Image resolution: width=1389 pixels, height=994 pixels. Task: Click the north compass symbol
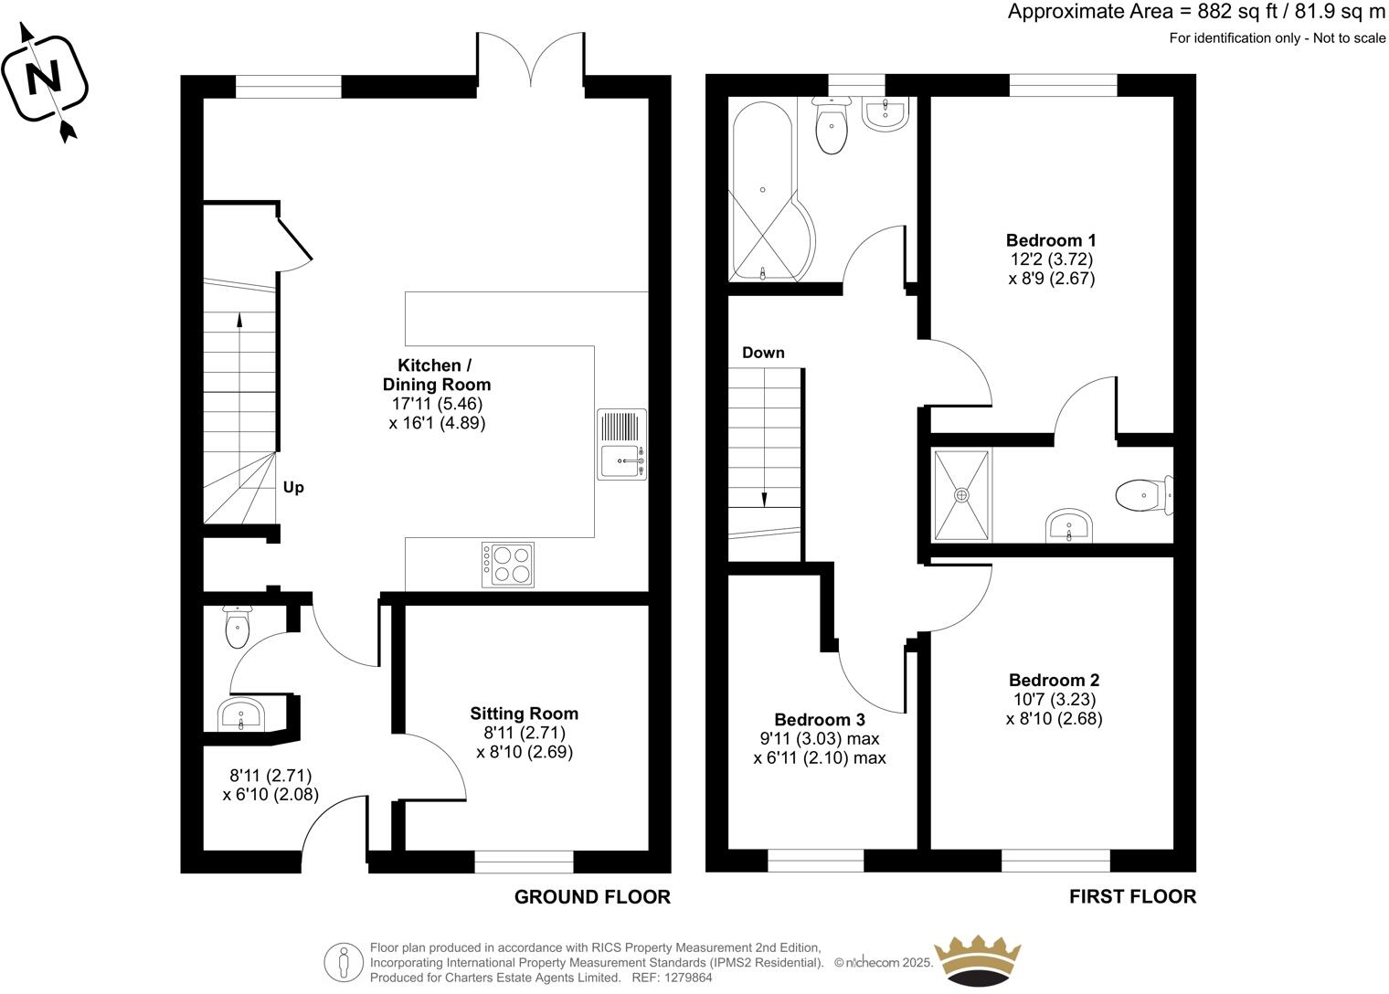click(x=45, y=81)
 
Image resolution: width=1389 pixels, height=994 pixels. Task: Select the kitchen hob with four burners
click(x=510, y=564)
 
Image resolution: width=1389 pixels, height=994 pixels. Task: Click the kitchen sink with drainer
click(x=622, y=444)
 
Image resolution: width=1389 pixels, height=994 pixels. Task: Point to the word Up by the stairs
click(x=293, y=488)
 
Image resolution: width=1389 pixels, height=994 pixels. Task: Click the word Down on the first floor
click(x=763, y=353)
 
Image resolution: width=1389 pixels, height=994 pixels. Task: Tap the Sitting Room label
click(x=524, y=714)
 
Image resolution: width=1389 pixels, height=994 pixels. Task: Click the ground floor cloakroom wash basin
click(x=242, y=714)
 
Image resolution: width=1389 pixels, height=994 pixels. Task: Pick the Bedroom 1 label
click(x=1051, y=241)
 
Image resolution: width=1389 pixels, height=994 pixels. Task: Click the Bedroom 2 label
click(x=1054, y=680)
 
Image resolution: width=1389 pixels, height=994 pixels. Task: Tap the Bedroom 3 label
click(x=819, y=720)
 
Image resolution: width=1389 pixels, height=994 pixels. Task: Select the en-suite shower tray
click(x=961, y=494)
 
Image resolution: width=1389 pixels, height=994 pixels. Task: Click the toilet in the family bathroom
click(x=832, y=128)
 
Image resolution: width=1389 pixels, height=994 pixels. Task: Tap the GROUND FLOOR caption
click(x=592, y=897)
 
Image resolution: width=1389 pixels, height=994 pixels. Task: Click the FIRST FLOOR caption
click(x=1132, y=897)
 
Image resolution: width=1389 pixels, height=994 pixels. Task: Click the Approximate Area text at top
click(x=1196, y=12)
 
